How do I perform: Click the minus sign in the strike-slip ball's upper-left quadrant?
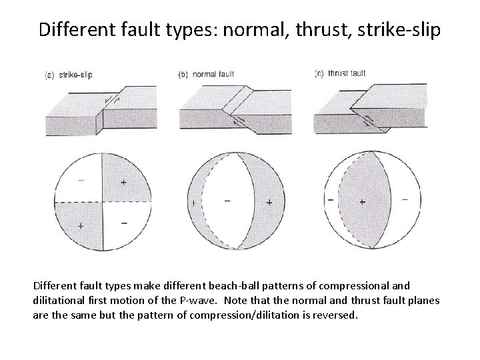click(x=80, y=180)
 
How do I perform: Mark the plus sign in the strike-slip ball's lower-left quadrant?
click(x=81, y=226)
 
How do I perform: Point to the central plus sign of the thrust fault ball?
click(x=362, y=201)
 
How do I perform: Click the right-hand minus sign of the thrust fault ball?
click(x=405, y=199)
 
